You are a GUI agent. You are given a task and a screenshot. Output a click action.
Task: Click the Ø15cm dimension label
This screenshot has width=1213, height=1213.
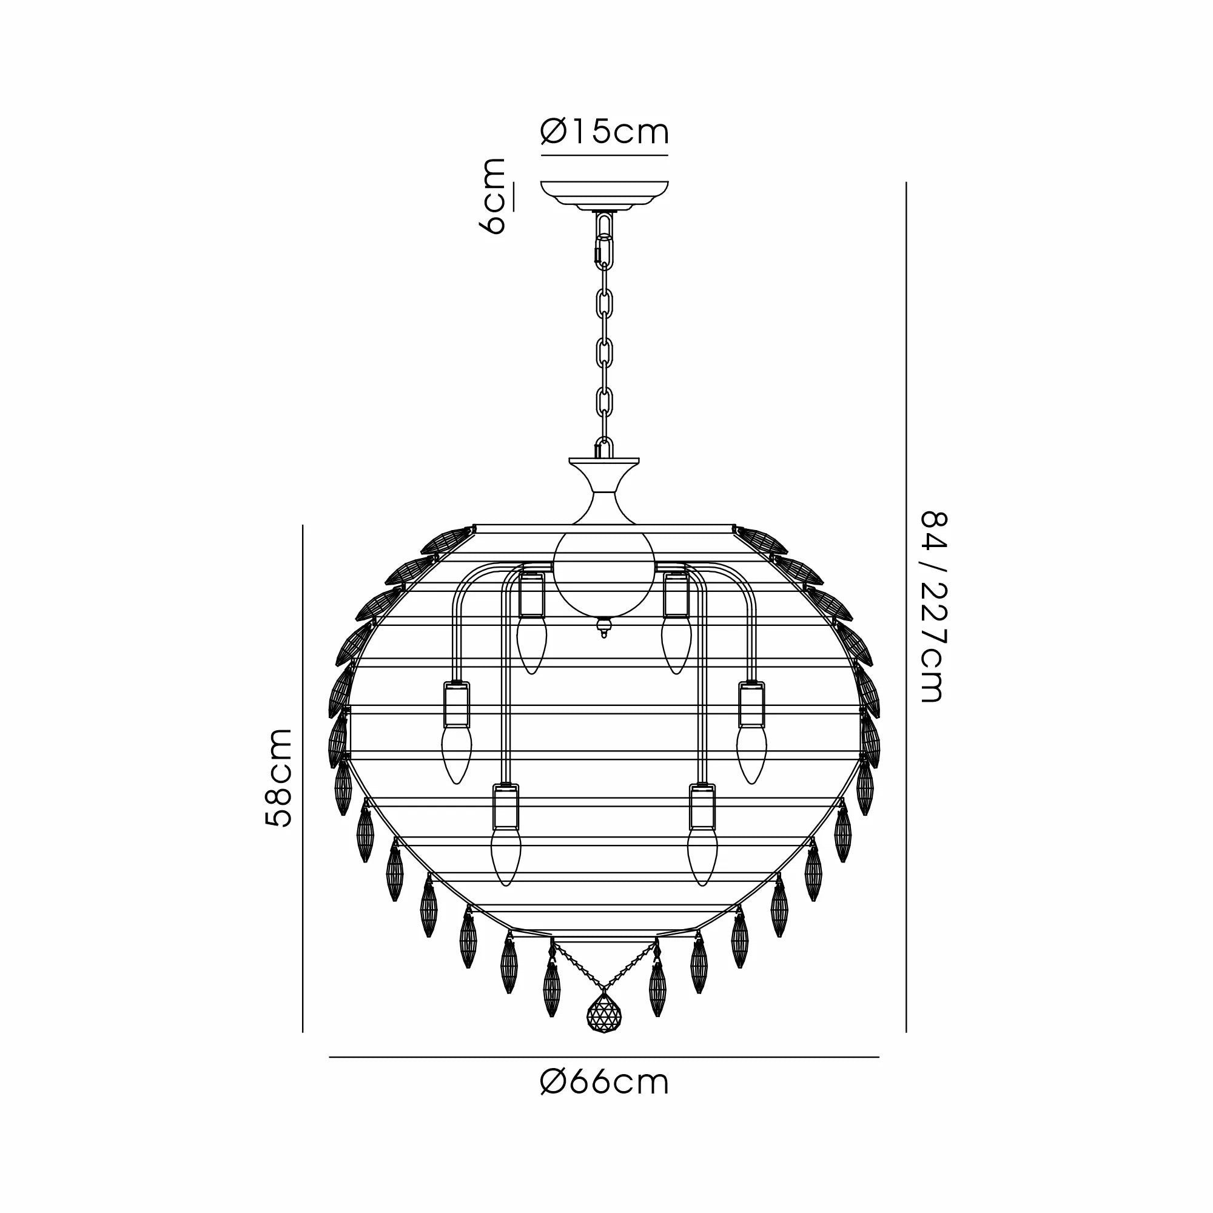[605, 132]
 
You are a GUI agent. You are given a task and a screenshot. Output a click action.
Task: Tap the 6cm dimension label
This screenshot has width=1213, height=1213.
[495, 197]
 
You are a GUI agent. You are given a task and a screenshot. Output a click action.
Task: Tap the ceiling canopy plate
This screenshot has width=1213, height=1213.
[605, 197]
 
